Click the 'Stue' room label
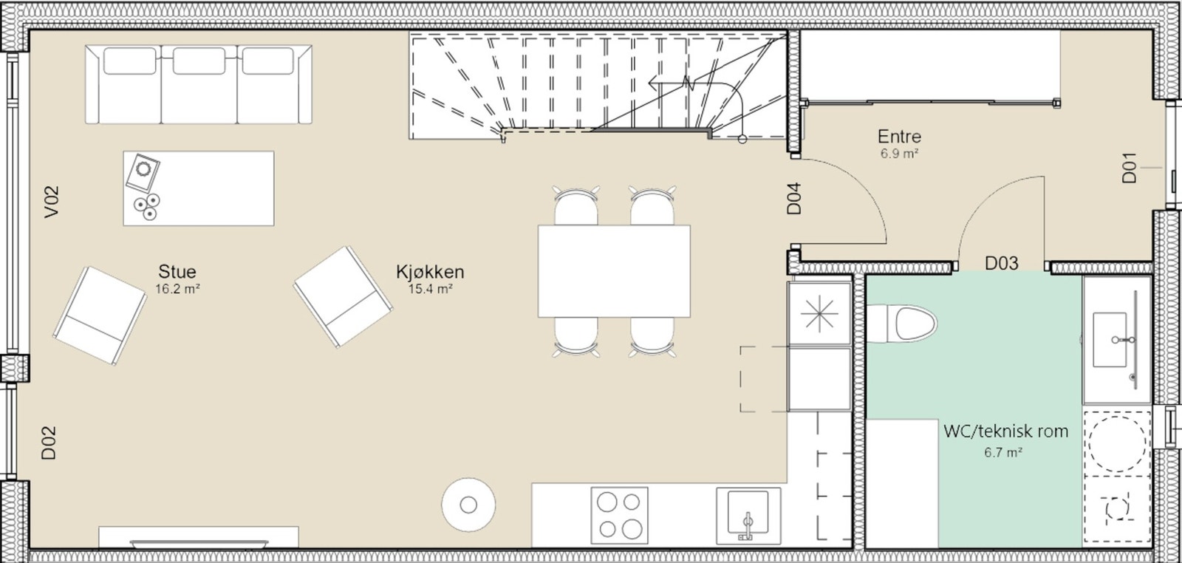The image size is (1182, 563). click(177, 271)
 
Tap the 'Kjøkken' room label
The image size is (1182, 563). click(430, 271)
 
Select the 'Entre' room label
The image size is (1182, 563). click(899, 137)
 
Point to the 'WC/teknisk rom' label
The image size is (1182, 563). click(1005, 431)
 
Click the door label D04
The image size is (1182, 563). click(795, 198)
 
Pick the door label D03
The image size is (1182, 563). click(1002, 263)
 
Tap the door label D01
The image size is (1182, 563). click(1130, 168)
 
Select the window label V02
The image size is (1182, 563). click(51, 202)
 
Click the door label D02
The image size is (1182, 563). click(49, 443)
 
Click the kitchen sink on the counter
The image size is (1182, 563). click(748, 515)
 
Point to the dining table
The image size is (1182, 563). click(614, 271)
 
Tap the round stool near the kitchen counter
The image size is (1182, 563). click(468, 505)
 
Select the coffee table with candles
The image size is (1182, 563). click(198, 188)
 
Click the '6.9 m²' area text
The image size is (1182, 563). click(899, 154)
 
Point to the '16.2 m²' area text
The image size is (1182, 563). click(177, 289)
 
